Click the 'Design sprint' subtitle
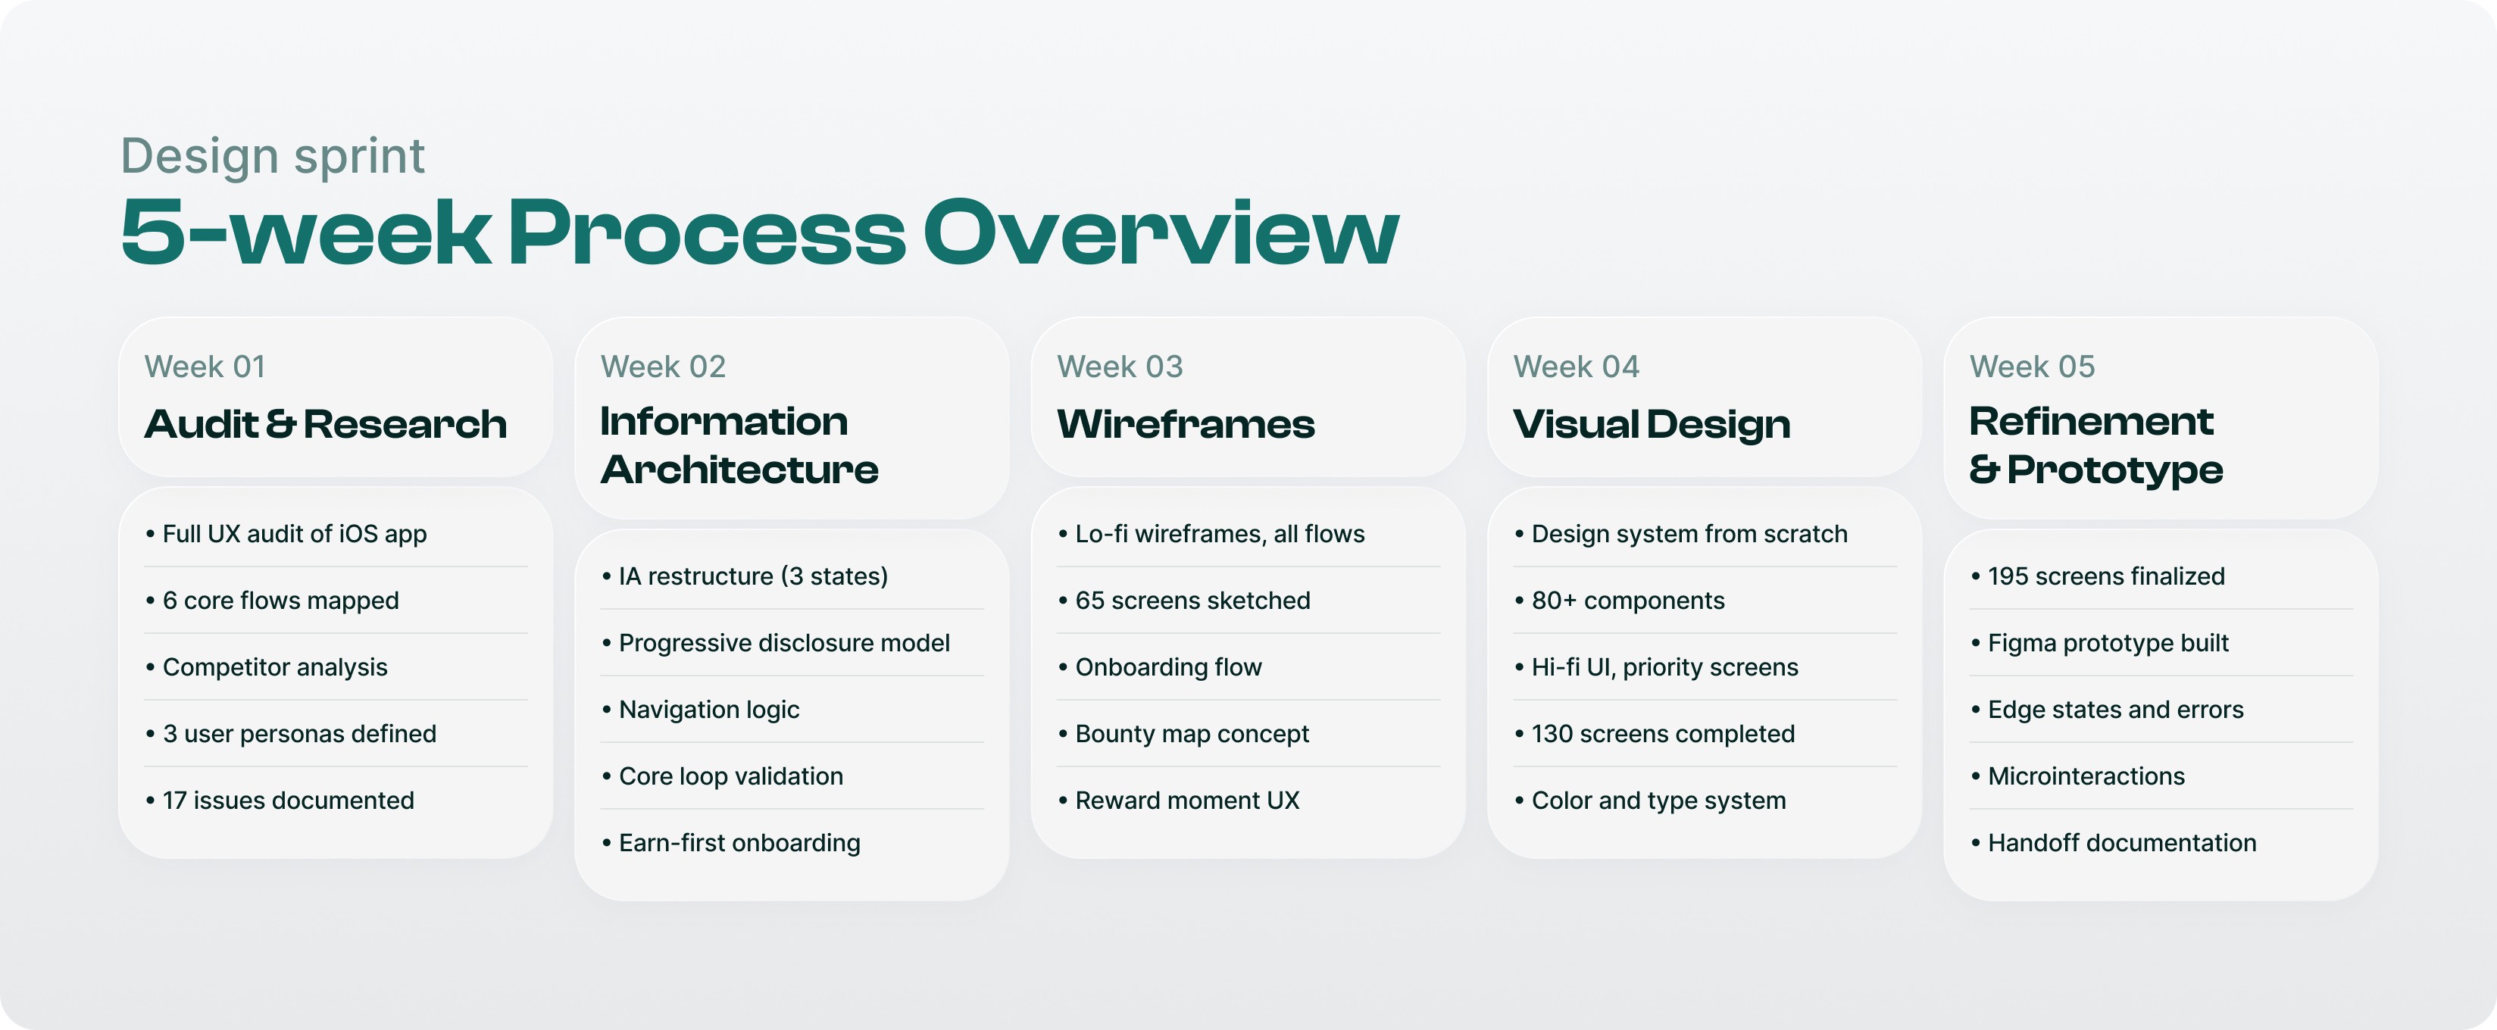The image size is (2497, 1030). tap(273, 156)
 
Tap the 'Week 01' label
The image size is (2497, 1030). tap(205, 367)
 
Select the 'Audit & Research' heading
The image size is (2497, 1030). tap(326, 424)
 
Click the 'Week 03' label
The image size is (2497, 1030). tap(1120, 367)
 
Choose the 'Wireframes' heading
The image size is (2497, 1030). tap(1186, 424)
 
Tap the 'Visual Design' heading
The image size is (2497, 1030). tap(1652, 424)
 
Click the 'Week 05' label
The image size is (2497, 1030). tap(2032, 367)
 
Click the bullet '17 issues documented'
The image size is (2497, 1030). tap(288, 801)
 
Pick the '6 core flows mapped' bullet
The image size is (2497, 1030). tap(280, 601)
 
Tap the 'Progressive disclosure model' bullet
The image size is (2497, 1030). tap(783, 644)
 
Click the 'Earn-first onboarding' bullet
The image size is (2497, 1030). tap(739, 843)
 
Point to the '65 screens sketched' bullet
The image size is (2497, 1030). tap(1192, 601)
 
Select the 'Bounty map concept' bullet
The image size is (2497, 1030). tap(1192, 735)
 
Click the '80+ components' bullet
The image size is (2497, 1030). tap(1627, 601)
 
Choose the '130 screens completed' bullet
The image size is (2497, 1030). tap(1662, 735)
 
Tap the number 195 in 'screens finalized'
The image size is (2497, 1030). tap(2008, 576)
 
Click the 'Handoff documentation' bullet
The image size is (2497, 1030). tap(2122, 843)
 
